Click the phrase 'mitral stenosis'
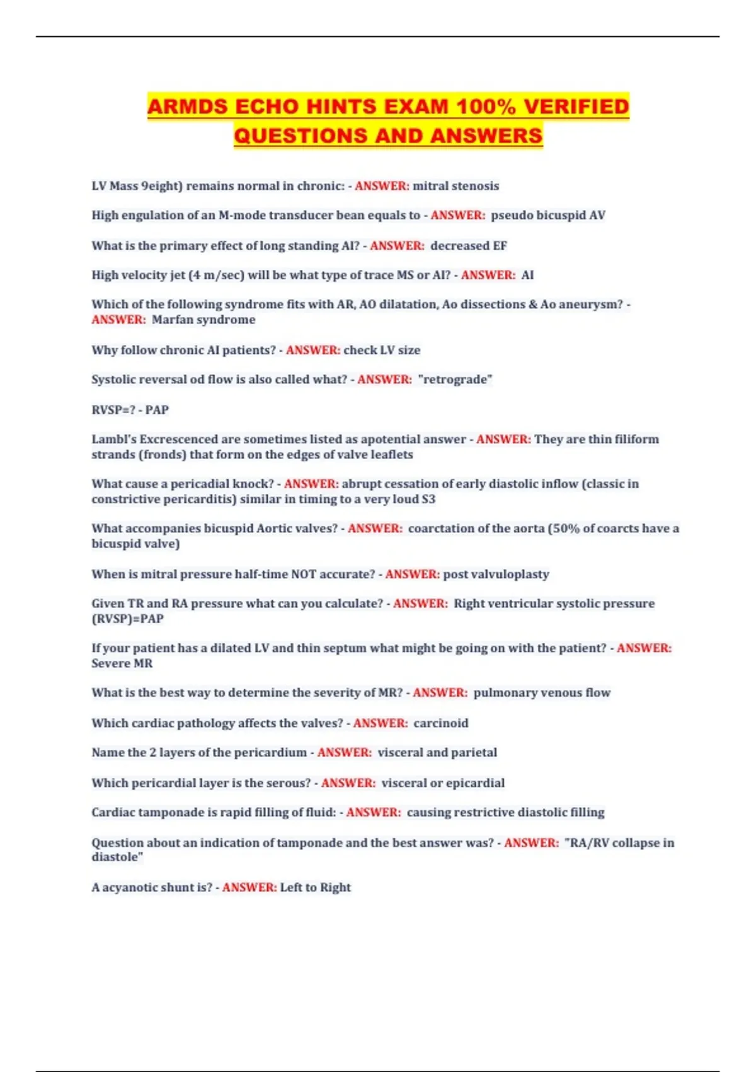[455, 186]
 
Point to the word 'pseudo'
[511, 215]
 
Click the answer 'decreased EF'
[468, 246]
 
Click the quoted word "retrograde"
[455, 380]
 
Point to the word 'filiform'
[633, 439]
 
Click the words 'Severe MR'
[122, 663]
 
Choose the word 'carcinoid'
[440, 723]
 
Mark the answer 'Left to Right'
[315, 887]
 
